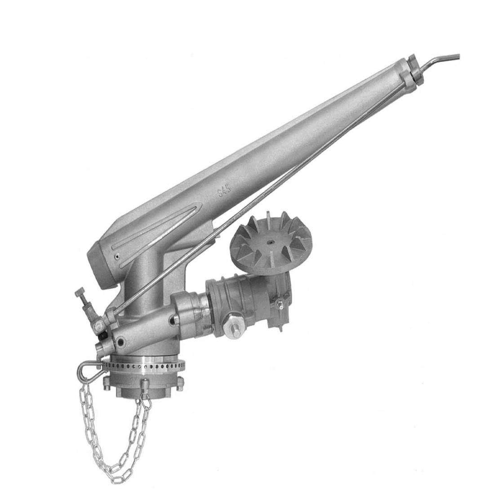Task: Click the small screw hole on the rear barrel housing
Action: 118,258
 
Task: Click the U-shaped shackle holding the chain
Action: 87,370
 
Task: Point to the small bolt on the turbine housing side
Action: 279,306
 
